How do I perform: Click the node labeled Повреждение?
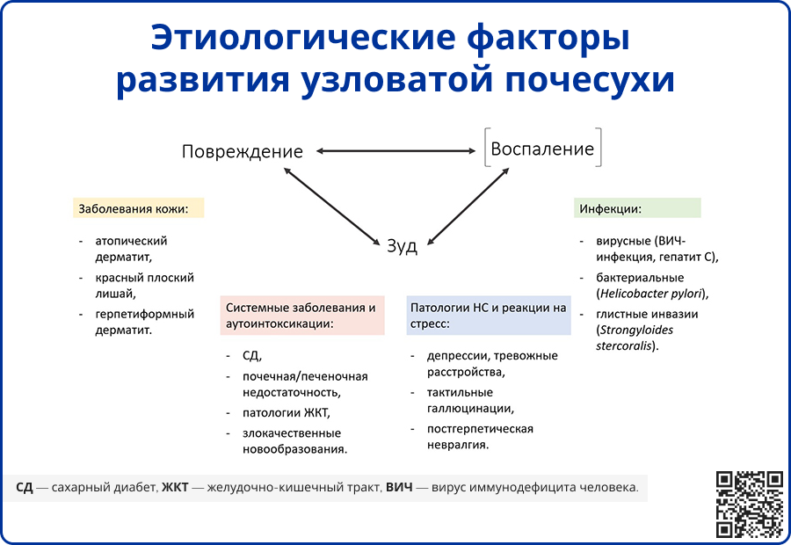click(242, 151)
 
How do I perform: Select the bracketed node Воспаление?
click(542, 149)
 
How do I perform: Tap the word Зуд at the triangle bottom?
click(403, 246)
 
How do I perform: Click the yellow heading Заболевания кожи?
click(137, 209)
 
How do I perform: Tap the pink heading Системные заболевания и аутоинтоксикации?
click(301, 316)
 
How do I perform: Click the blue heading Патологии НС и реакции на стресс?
click(488, 316)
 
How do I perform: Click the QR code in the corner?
click(749, 504)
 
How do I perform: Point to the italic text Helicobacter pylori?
click(651, 294)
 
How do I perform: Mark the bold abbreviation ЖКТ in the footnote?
click(175, 486)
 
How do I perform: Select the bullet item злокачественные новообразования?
click(294, 440)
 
